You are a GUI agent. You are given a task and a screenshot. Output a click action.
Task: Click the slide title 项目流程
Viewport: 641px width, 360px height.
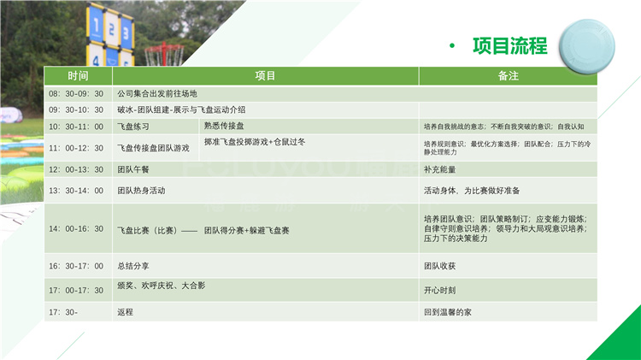tap(509, 45)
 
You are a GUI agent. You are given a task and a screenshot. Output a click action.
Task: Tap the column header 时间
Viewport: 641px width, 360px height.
tap(78, 76)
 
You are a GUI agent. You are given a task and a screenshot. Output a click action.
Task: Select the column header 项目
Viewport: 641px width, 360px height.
tap(266, 76)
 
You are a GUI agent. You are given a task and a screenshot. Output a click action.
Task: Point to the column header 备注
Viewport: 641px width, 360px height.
tap(508, 76)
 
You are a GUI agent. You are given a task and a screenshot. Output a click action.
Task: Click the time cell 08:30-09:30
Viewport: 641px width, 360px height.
tap(76, 94)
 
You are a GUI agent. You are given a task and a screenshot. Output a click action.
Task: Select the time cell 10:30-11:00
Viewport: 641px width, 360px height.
tap(76, 127)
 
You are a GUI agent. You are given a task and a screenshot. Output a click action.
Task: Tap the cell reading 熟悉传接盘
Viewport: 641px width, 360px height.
tap(224, 126)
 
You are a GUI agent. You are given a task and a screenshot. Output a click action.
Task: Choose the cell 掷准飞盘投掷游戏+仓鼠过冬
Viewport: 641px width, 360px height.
tap(254, 141)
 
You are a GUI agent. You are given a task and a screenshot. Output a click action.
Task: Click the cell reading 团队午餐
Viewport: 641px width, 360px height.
tap(133, 169)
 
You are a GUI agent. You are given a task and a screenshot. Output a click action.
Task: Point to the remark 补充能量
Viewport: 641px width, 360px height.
tap(443, 169)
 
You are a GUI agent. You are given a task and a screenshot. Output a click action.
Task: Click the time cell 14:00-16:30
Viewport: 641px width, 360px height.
tap(76, 229)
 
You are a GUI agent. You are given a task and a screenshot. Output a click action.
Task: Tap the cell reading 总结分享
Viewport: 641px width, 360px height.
tap(133, 266)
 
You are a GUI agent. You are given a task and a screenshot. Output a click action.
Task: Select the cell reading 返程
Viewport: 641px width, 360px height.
tap(126, 312)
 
